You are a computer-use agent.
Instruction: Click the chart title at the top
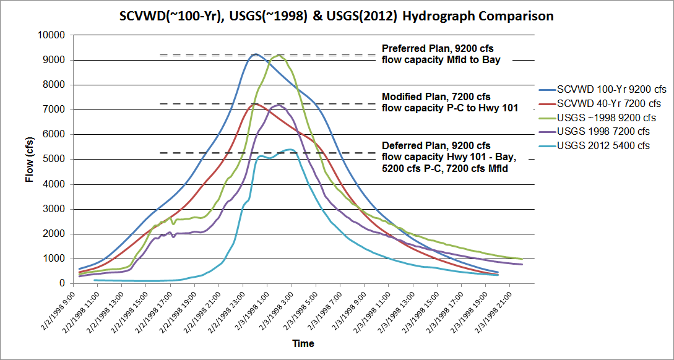click(x=337, y=16)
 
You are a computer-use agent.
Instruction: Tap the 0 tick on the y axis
click(x=62, y=283)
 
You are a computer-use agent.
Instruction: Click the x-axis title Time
click(x=303, y=344)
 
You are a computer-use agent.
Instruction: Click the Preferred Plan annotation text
click(x=441, y=54)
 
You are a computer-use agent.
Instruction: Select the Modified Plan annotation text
click(x=449, y=103)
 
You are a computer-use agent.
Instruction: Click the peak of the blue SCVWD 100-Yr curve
click(x=256, y=54)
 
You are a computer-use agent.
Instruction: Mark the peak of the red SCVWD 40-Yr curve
click(x=256, y=103)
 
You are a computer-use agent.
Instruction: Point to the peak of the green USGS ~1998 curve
click(x=279, y=55)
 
